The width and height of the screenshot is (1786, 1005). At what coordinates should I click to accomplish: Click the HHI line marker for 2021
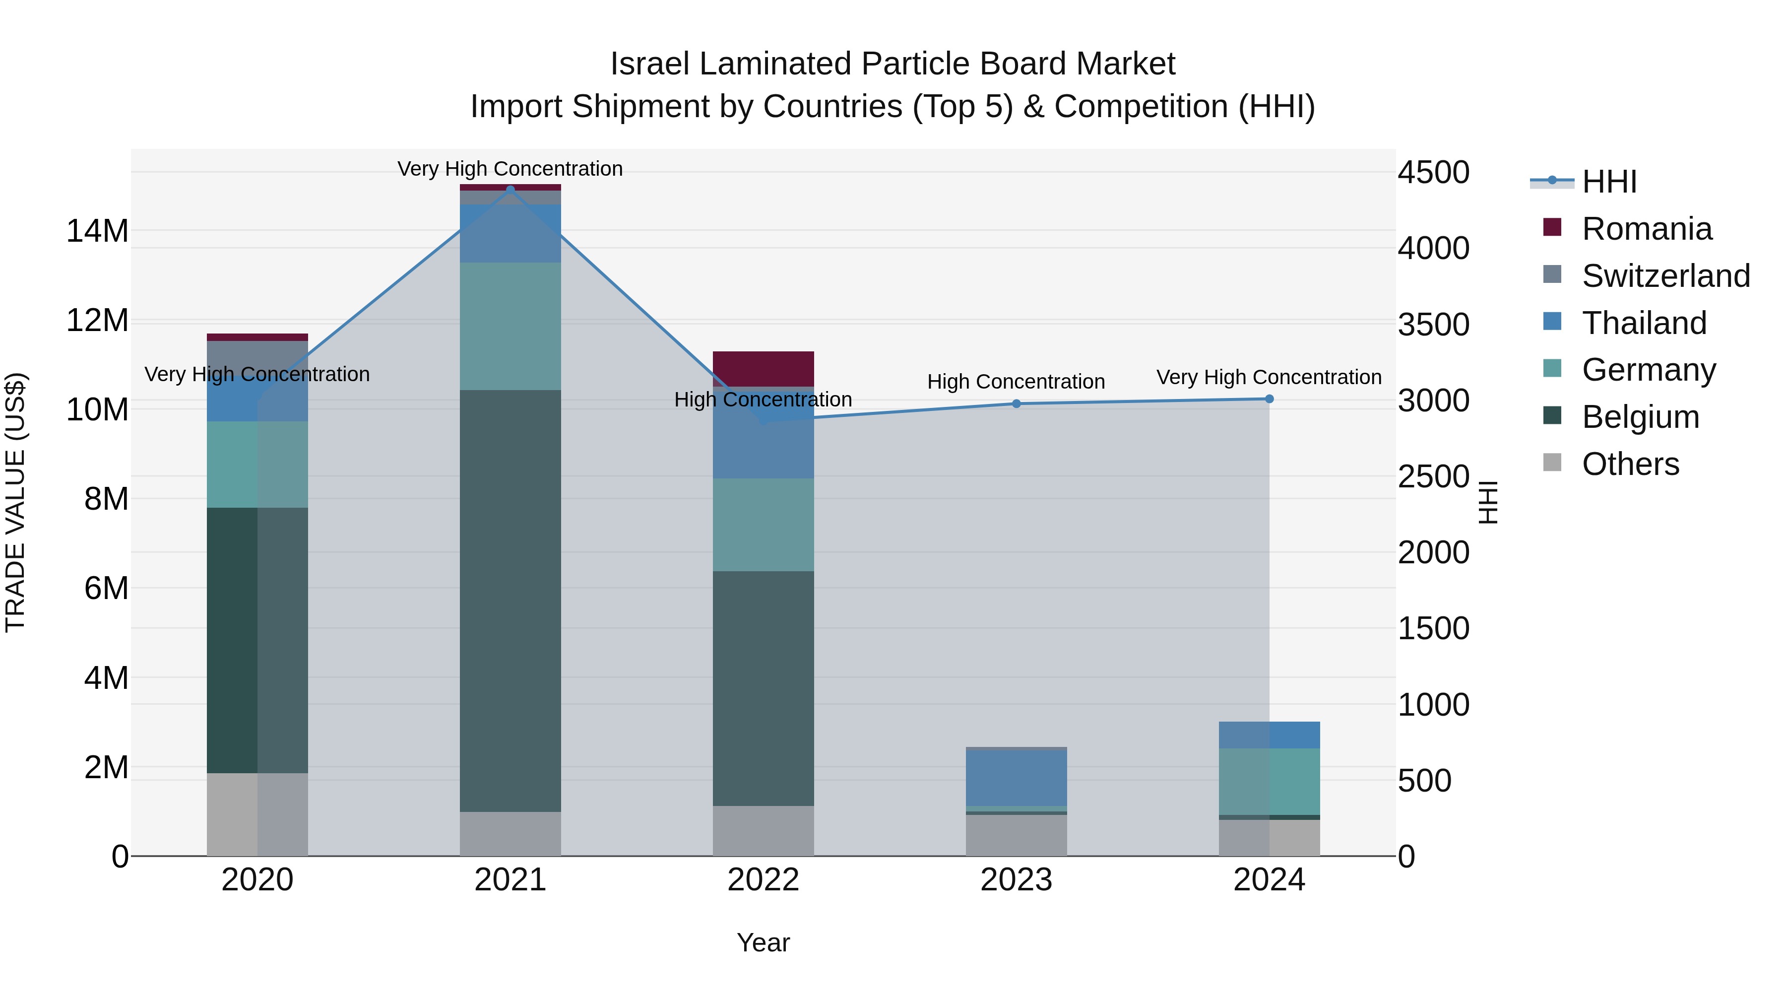tap(510, 190)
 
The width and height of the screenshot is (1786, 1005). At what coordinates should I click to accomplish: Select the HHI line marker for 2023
tap(1017, 403)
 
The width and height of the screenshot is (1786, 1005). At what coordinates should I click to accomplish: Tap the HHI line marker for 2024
tap(1270, 399)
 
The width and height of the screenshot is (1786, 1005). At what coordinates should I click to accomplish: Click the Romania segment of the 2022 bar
tap(764, 369)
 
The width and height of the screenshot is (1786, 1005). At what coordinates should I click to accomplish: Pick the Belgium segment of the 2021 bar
tap(510, 601)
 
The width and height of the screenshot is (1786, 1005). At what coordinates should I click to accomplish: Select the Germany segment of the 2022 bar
tap(764, 525)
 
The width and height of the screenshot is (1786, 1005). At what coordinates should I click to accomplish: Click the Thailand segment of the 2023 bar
tap(1017, 778)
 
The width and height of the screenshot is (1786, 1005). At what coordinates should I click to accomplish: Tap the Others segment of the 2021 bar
tap(510, 834)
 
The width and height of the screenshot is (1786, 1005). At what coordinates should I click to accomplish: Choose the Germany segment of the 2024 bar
tap(1270, 782)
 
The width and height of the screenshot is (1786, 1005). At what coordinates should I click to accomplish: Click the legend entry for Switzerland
tap(1665, 276)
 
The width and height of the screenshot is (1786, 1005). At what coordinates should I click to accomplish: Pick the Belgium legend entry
tap(1641, 417)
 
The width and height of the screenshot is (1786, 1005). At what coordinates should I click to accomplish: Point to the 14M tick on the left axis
tap(97, 231)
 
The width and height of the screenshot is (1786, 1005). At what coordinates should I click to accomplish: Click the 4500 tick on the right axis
tap(1433, 172)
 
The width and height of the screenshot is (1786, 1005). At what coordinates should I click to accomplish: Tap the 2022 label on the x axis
tap(764, 880)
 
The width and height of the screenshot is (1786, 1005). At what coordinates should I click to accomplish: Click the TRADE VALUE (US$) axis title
tap(15, 502)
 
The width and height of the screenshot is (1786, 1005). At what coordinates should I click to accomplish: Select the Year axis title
tap(764, 942)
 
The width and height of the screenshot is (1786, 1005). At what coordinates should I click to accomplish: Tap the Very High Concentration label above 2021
tap(510, 169)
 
